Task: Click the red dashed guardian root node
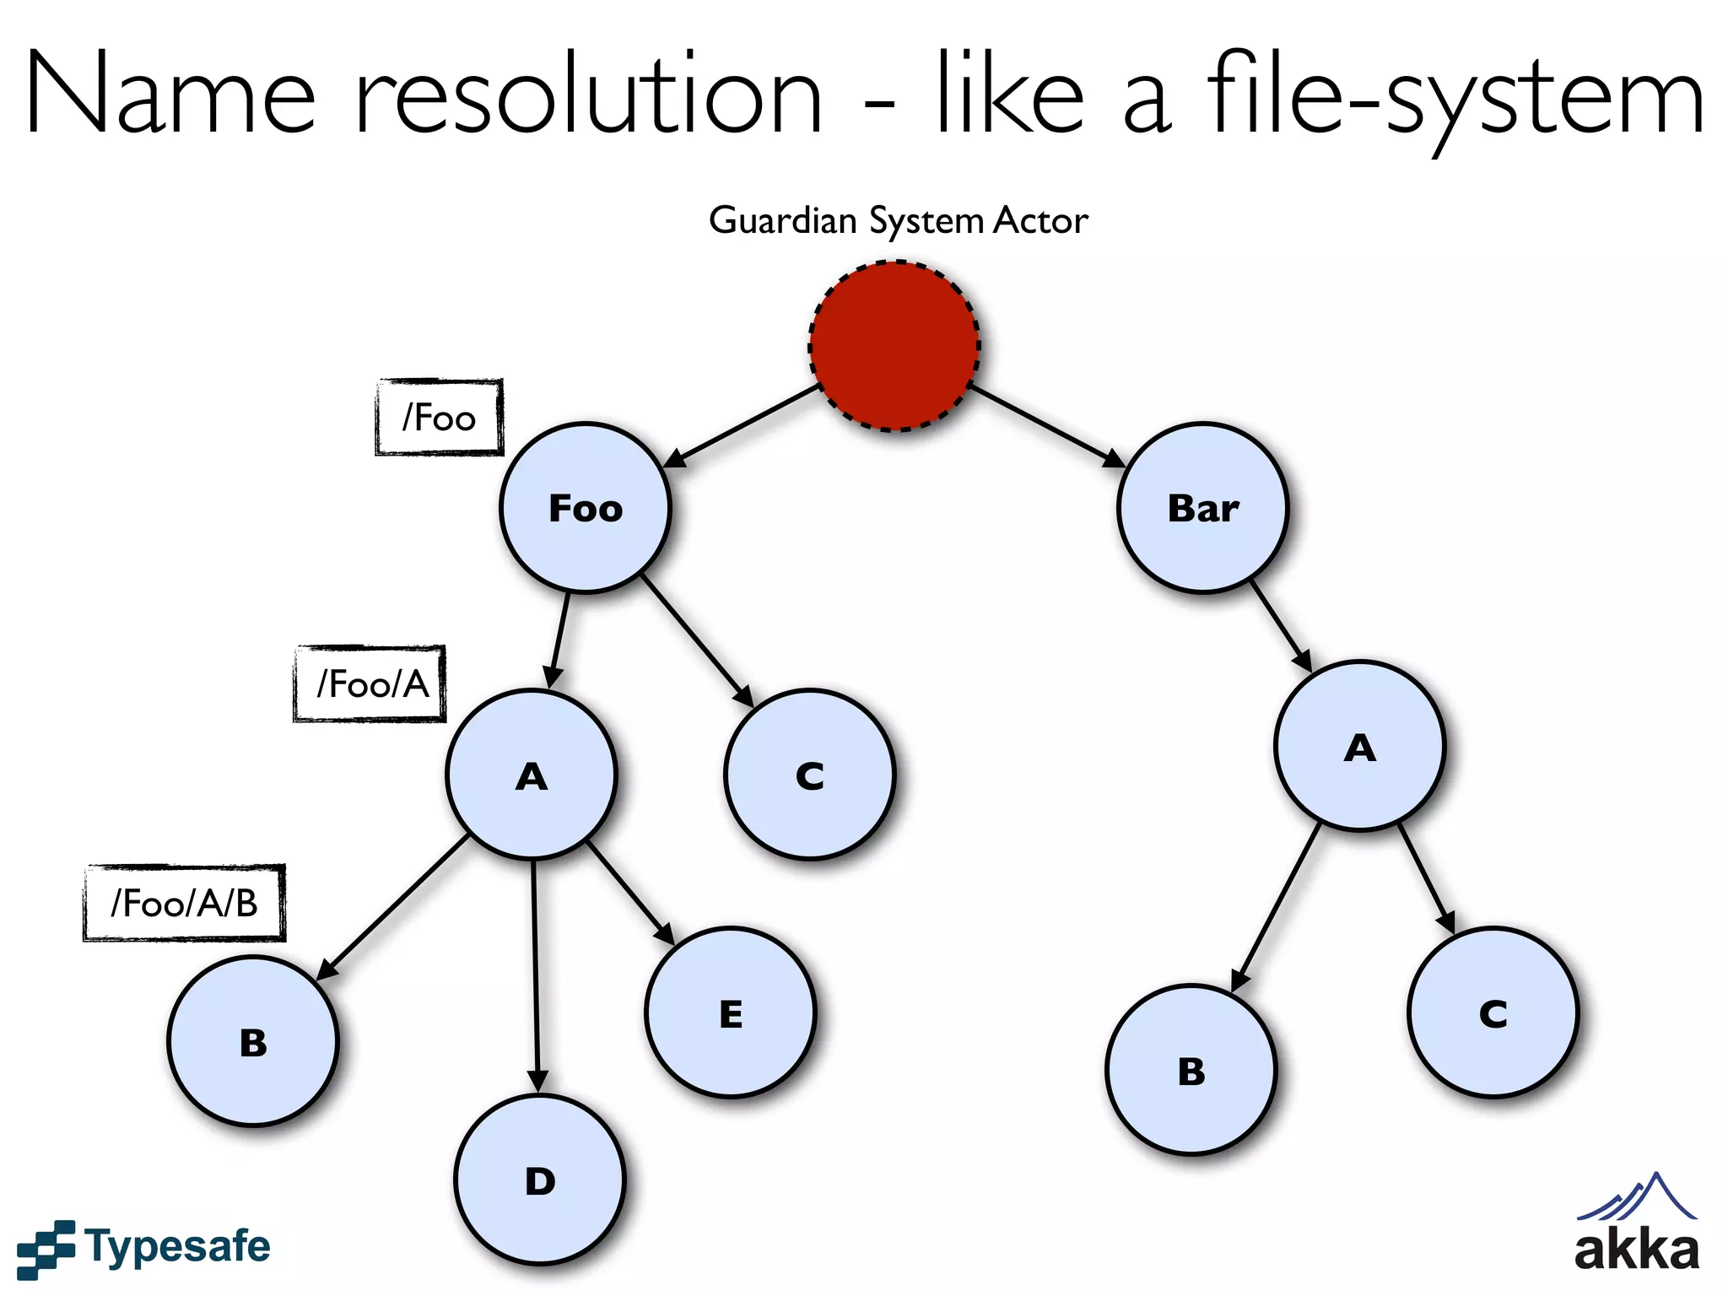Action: (x=894, y=346)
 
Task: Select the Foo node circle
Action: (x=585, y=508)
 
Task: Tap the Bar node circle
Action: (x=1202, y=508)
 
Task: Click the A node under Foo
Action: (x=532, y=775)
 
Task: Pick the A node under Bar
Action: (x=1359, y=747)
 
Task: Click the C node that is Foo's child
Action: (x=809, y=775)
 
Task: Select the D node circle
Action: (x=540, y=1180)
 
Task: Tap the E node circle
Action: (x=731, y=1012)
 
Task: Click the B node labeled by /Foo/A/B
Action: (x=253, y=1042)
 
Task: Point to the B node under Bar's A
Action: (x=1191, y=1070)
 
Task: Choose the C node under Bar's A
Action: (x=1493, y=1012)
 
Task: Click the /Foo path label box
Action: (x=439, y=418)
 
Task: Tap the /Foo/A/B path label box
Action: (x=184, y=903)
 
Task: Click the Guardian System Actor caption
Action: (x=898, y=221)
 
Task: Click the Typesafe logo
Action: (x=143, y=1247)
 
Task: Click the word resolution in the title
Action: (x=587, y=94)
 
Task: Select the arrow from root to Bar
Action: (x=1046, y=426)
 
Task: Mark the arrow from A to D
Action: (x=535, y=970)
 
